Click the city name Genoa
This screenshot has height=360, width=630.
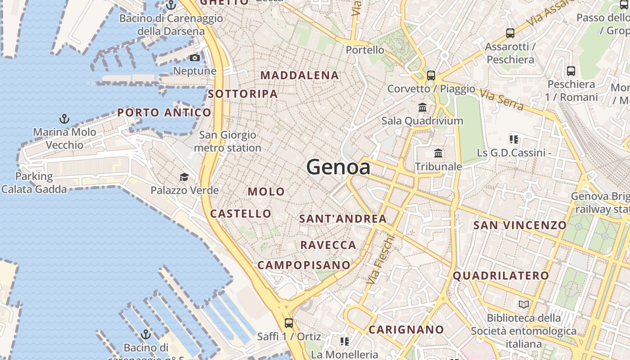click(338, 167)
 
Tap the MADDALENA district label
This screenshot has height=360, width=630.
click(300, 76)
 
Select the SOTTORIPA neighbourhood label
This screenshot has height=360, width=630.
click(243, 94)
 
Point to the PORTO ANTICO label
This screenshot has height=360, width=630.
click(164, 112)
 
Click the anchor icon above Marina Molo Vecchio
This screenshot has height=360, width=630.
click(64, 119)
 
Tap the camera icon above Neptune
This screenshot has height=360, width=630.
click(195, 58)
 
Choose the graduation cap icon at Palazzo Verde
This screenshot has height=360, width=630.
click(184, 177)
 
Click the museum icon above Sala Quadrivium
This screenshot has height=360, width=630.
click(423, 107)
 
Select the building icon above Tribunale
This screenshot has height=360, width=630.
click(438, 153)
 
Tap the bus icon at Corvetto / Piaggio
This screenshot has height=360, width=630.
click(431, 75)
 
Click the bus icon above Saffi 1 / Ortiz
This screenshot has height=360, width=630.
click(289, 323)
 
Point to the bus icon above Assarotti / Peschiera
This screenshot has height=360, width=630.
click(510, 33)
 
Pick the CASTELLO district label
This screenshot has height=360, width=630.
click(241, 214)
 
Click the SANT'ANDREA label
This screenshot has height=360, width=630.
click(343, 219)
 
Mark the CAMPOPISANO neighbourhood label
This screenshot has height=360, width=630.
click(304, 265)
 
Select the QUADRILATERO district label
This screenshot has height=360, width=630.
click(501, 275)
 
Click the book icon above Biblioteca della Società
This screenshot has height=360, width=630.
click(523, 305)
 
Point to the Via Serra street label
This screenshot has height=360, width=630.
click(501, 99)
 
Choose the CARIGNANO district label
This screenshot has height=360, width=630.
click(406, 330)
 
